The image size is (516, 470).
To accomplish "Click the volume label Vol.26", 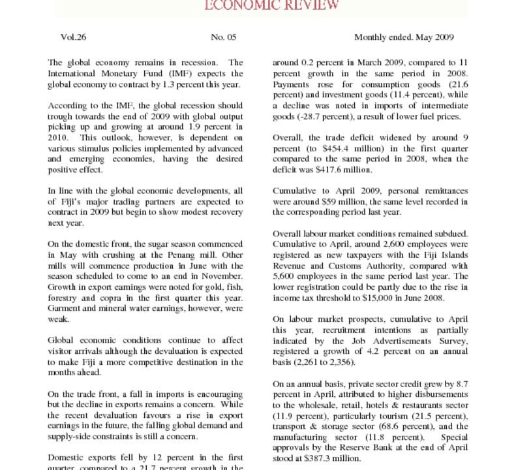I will pos(74,37).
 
